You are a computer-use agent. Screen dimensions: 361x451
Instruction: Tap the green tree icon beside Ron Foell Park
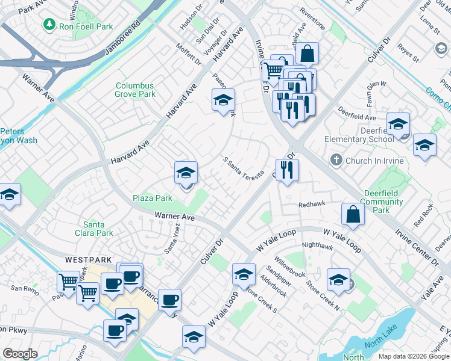point(50,25)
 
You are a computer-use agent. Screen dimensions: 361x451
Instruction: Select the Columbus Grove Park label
point(135,90)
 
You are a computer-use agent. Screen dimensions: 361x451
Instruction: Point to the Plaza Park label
point(153,198)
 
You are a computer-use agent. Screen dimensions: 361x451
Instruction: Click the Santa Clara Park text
point(98,229)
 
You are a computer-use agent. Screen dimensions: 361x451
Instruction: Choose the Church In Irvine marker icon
point(336,161)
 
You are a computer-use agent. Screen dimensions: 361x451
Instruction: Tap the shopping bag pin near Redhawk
point(353,214)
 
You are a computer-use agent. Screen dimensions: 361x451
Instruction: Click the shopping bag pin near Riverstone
point(307,53)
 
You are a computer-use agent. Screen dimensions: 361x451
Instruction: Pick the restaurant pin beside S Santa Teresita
point(287,170)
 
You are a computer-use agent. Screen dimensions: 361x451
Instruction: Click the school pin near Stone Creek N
point(338,279)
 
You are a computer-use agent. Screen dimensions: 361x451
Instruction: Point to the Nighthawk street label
point(317,245)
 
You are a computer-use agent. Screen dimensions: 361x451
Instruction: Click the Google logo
point(20,354)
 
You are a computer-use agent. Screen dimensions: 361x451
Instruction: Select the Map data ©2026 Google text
point(414,356)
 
